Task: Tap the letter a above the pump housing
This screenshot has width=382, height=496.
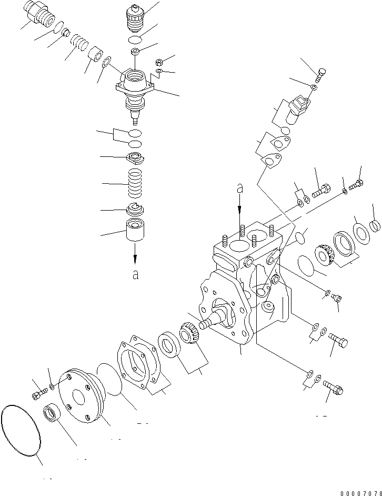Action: (x=239, y=187)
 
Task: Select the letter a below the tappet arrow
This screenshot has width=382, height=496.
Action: (x=135, y=275)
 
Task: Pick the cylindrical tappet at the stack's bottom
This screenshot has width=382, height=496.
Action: (x=136, y=232)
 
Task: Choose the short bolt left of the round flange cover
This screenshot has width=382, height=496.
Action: (x=38, y=393)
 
